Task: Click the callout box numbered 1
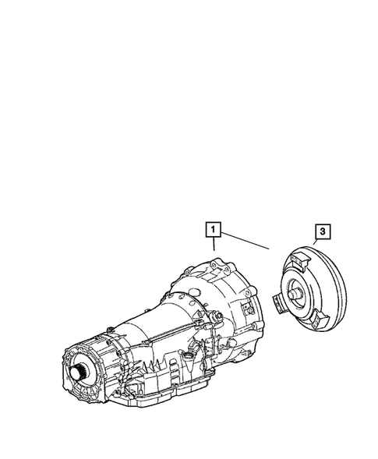coord(214,230)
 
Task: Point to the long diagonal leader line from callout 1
coord(246,239)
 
